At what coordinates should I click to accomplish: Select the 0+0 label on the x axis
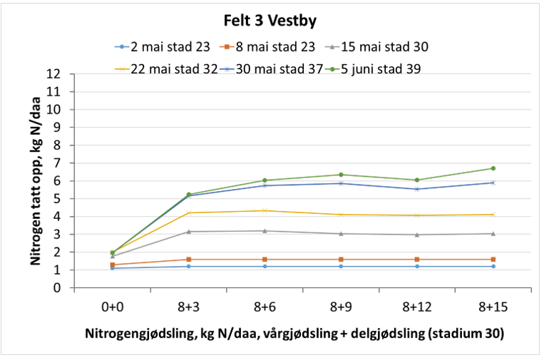coord(113,307)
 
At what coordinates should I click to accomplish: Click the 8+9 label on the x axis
coord(341,307)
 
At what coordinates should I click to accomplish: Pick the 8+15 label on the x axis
coord(493,307)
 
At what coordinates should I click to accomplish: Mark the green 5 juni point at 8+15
coord(493,168)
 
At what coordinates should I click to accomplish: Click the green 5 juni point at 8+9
coord(341,175)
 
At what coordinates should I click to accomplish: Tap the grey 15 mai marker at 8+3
coord(189,231)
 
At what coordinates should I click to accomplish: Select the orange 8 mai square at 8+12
coord(416,259)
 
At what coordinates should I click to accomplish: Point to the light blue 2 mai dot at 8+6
coord(265,266)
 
